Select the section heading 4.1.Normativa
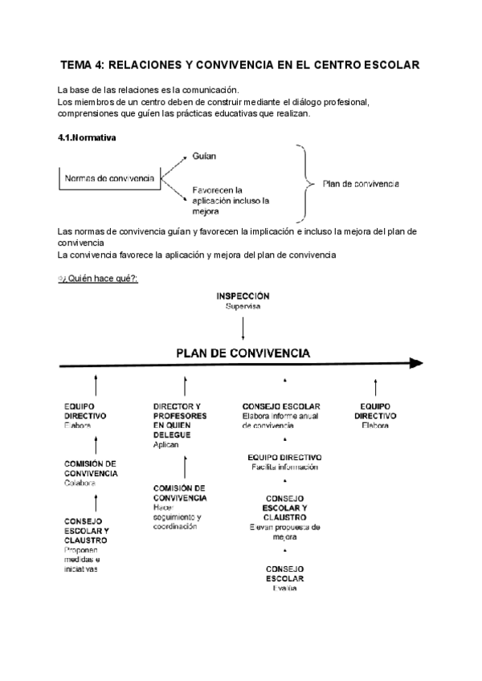point(87,137)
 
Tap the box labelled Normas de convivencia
point(109,178)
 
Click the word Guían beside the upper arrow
point(204,155)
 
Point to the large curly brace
point(305,182)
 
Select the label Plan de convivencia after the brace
point(361,184)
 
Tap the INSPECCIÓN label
point(243,296)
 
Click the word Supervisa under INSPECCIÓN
point(243,306)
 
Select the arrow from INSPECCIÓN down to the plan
point(243,326)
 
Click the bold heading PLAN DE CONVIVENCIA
point(243,352)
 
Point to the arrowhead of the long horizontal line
point(415,363)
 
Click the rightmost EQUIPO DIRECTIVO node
point(375,411)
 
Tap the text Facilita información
point(284,467)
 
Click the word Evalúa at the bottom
point(284,589)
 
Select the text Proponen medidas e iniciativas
point(86,559)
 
